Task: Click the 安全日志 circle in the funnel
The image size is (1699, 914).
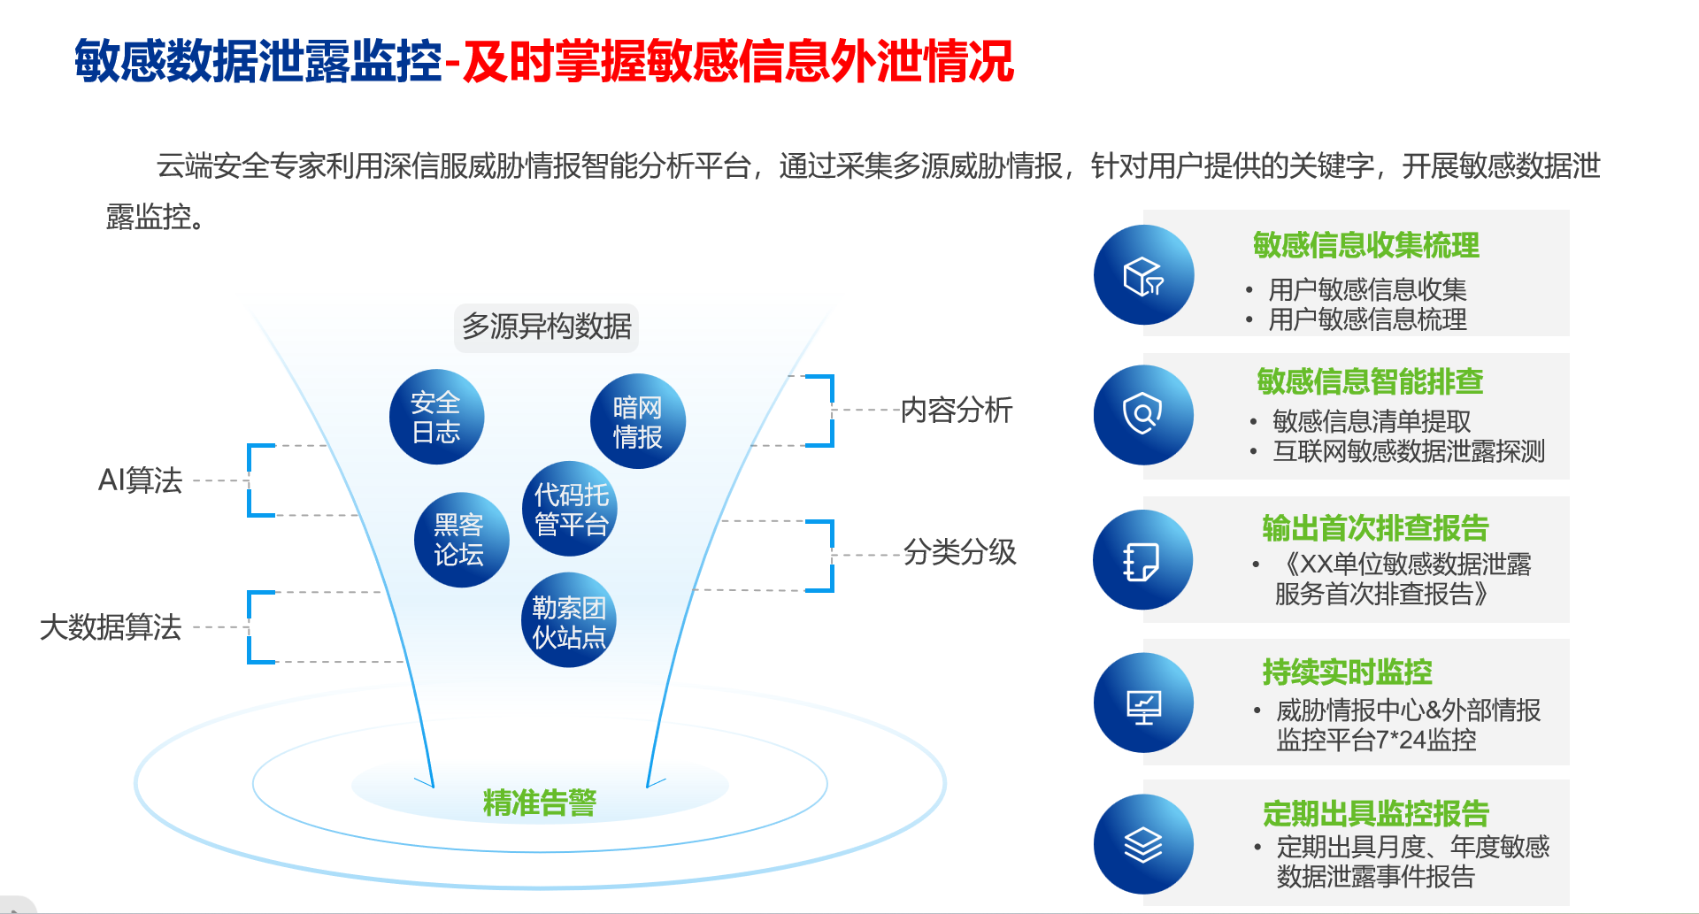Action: [436, 417]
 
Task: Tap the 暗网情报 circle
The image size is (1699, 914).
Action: [637, 421]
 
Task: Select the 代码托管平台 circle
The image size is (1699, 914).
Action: [570, 509]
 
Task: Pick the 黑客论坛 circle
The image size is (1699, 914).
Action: [461, 540]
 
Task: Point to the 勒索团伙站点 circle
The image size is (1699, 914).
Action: [569, 620]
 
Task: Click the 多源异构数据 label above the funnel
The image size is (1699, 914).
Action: [547, 326]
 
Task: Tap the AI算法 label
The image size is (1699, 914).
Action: [140, 480]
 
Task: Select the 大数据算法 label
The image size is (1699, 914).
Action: [111, 627]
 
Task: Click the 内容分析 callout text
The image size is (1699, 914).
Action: [957, 410]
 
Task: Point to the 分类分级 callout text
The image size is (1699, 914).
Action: [959, 552]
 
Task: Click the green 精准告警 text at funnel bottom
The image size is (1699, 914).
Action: [540, 803]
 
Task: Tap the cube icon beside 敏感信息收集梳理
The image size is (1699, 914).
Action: [1143, 275]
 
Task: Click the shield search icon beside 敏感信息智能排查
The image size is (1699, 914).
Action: [1142, 413]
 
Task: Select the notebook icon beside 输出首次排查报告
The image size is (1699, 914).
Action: [1142, 560]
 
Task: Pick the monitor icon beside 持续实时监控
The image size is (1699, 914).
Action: [1143, 706]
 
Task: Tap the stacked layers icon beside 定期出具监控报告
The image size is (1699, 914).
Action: [1143, 845]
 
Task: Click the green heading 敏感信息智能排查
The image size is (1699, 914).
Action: [1370, 381]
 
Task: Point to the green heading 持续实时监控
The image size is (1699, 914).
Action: [1347, 672]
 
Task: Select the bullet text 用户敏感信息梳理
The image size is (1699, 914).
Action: [1367, 319]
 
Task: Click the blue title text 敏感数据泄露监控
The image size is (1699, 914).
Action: [258, 61]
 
